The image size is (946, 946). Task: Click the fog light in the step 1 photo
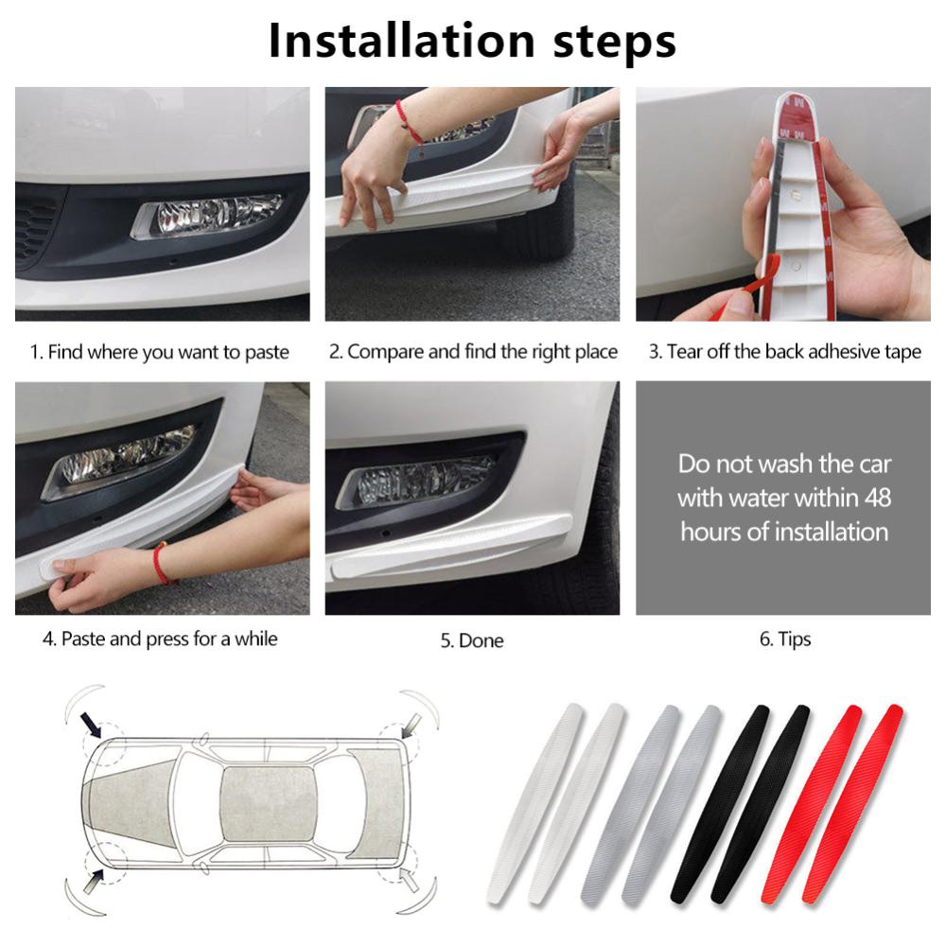click(x=208, y=215)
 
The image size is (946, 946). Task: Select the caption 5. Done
click(x=471, y=640)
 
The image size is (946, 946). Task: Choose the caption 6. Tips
click(x=785, y=639)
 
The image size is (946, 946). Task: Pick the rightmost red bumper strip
click(x=851, y=804)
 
